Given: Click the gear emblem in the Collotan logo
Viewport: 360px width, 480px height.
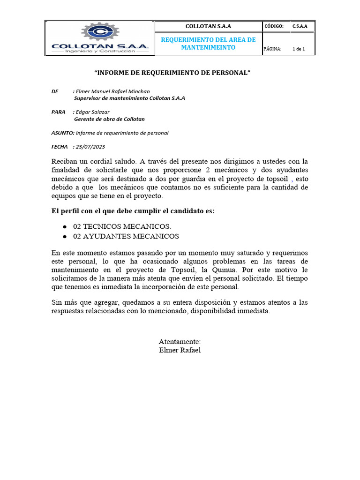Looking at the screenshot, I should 99,32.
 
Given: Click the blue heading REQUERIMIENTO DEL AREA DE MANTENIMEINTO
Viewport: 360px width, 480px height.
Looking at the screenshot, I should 208,44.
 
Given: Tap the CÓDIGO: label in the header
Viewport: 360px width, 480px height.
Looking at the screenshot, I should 274,26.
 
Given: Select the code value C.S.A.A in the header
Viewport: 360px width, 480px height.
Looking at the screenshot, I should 300,26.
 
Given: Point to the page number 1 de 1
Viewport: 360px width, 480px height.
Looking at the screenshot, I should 299,49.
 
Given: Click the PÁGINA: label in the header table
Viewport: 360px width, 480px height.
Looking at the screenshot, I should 273,49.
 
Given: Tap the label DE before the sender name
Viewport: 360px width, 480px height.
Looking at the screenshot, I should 55,91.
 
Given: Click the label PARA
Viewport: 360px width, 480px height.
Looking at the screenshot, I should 58,112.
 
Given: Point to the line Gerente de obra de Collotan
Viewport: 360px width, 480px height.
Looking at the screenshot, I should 109,119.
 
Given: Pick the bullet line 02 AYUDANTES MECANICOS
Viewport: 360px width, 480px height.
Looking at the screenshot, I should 126,236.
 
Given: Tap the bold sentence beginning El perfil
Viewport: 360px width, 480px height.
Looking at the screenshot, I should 133,211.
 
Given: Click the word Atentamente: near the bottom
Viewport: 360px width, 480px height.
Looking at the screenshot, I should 180,342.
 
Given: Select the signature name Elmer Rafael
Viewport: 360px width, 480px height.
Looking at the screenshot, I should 180,350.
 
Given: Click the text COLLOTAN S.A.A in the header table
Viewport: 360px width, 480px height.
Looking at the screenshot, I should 208,26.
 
